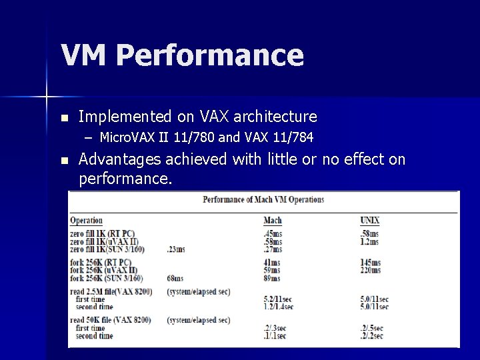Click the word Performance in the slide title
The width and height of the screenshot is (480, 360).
click(209, 56)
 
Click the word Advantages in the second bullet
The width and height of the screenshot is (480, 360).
click(120, 160)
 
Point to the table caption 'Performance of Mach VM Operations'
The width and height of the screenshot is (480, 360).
click(263, 199)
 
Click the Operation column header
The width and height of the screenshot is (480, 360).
click(87, 220)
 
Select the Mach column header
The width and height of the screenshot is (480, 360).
click(273, 220)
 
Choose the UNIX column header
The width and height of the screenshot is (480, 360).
click(370, 220)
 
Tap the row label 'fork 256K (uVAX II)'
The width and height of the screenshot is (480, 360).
click(103, 271)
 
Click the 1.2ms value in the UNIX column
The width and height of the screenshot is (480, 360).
click(369, 241)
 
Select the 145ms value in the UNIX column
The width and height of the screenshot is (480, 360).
click(370, 263)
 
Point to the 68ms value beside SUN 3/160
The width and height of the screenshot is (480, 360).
click(176, 278)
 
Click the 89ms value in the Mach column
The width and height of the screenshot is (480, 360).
click(272, 278)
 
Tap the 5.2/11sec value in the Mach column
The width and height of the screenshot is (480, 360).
click(279, 299)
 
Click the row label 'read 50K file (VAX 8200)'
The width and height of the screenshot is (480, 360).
click(110, 321)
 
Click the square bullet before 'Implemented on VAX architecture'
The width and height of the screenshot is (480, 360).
click(64, 117)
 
